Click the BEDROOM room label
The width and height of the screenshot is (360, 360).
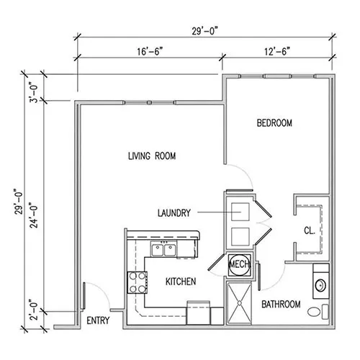tap(274, 123)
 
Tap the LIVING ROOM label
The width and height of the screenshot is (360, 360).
tap(152, 156)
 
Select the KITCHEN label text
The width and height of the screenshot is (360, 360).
tap(181, 282)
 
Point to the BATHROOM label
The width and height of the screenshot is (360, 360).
tap(281, 305)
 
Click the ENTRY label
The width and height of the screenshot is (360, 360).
tap(98, 320)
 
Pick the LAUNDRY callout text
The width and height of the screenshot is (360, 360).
tap(174, 213)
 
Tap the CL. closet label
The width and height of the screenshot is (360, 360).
tap(310, 230)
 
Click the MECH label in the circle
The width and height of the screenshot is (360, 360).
tap(240, 264)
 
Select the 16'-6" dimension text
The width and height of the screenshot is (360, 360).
tap(150, 52)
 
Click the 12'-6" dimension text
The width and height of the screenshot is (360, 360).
tap(277, 52)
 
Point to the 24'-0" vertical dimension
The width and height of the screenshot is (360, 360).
tap(34, 215)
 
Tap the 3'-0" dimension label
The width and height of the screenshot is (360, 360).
tap(34, 92)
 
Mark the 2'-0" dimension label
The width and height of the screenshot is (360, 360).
tap(34, 310)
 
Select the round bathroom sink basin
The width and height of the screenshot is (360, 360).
tap(320, 285)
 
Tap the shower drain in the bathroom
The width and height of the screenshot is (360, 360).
tap(239, 303)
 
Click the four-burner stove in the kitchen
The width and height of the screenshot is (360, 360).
tap(138, 282)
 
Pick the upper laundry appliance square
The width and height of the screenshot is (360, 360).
tap(240, 212)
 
